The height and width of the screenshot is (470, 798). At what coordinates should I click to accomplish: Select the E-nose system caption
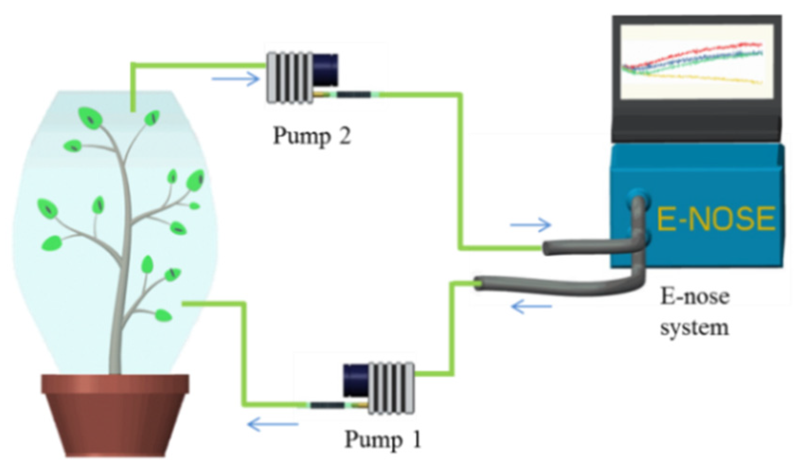[x=694, y=312]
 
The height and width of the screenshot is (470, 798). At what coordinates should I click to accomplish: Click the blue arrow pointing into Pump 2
[x=236, y=78]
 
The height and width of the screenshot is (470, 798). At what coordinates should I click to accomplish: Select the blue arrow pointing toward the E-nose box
[x=531, y=224]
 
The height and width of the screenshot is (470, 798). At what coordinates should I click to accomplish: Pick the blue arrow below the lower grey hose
[x=532, y=308]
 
